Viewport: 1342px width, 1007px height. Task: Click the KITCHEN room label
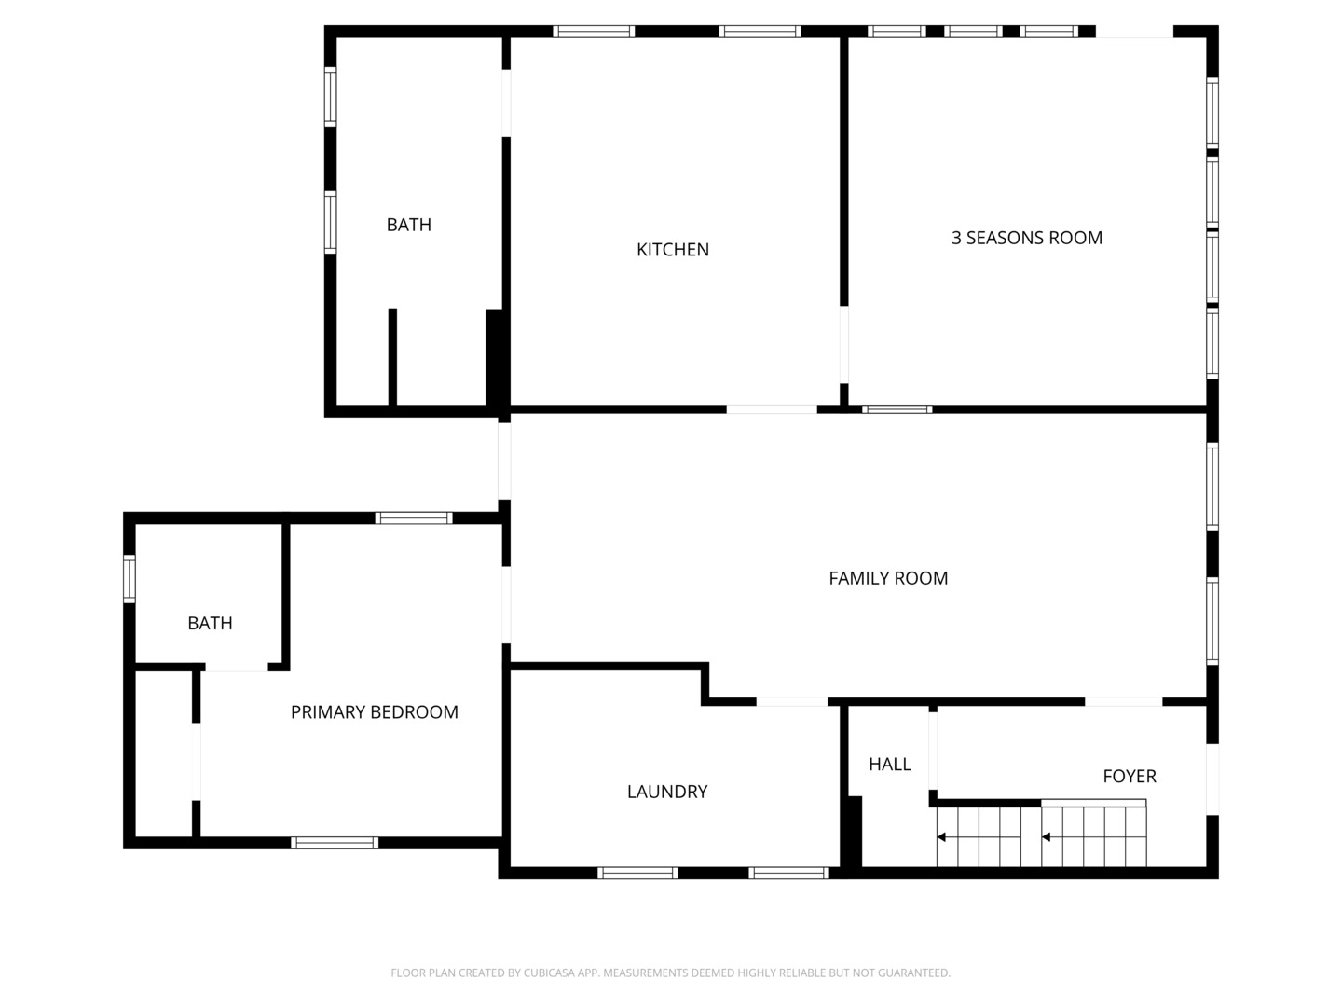(673, 250)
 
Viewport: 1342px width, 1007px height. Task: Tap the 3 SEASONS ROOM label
(1026, 238)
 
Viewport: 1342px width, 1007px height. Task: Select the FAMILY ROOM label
(888, 578)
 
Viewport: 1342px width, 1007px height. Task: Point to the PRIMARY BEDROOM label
(374, 711)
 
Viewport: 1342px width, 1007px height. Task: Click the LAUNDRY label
(667, 792)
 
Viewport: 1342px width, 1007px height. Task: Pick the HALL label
(890, 764)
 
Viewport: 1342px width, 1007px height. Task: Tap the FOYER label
(1130, 776)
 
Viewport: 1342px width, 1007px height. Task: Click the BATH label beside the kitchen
(408, 225)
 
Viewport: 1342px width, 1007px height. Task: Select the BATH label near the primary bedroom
(210, 623)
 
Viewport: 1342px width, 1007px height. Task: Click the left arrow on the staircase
(941, 837)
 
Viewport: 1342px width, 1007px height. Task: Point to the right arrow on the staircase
(1046, 837)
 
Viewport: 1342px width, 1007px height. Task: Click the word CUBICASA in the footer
(547, 973)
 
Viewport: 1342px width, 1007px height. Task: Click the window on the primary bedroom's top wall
(414, 518)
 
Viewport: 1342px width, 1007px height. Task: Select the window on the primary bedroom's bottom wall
(335, 843)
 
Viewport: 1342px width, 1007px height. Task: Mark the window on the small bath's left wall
(129, 578)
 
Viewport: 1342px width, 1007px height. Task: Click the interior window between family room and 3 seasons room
(897, 409)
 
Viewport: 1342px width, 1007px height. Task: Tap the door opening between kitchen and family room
(772, 409)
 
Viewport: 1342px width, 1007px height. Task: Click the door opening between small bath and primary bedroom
(237, 667)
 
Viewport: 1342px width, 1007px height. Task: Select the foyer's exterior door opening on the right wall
(1212, 779)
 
